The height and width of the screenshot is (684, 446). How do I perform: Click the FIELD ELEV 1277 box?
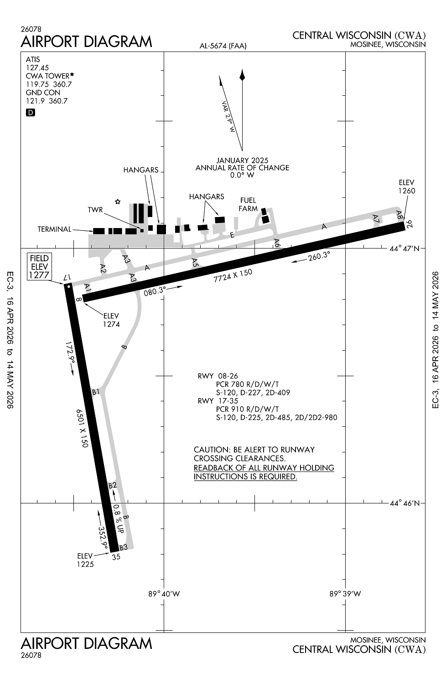[39, 267]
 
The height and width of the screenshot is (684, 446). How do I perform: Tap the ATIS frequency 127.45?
[37, 68]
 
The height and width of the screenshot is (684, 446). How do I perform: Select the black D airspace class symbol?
[31, 113]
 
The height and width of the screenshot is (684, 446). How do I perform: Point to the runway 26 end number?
[410, 224]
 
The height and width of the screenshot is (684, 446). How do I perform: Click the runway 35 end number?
[116, 557]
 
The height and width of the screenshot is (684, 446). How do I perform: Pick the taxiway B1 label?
[96, 391]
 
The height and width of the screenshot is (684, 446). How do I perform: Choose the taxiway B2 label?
[113, 485]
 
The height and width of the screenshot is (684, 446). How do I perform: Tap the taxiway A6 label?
[277, 243]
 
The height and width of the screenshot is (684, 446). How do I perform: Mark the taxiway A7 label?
[376, 218]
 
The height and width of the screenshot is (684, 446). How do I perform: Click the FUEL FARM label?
[248, 205]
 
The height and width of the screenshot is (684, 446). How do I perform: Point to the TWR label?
[95, 210]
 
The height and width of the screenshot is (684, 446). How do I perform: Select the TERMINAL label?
[54, 229]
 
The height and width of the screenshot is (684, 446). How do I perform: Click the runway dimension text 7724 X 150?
[233, 275]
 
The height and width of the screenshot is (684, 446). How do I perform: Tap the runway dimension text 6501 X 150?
[82, 428]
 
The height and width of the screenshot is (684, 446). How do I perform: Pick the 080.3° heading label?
[155, 291]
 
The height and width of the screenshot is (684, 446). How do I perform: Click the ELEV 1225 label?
[85, 560]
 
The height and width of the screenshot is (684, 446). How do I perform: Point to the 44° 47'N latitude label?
[405, 249]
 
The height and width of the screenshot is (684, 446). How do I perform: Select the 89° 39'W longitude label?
[345, 594]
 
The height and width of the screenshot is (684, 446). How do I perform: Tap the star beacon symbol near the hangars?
[118, 202]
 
